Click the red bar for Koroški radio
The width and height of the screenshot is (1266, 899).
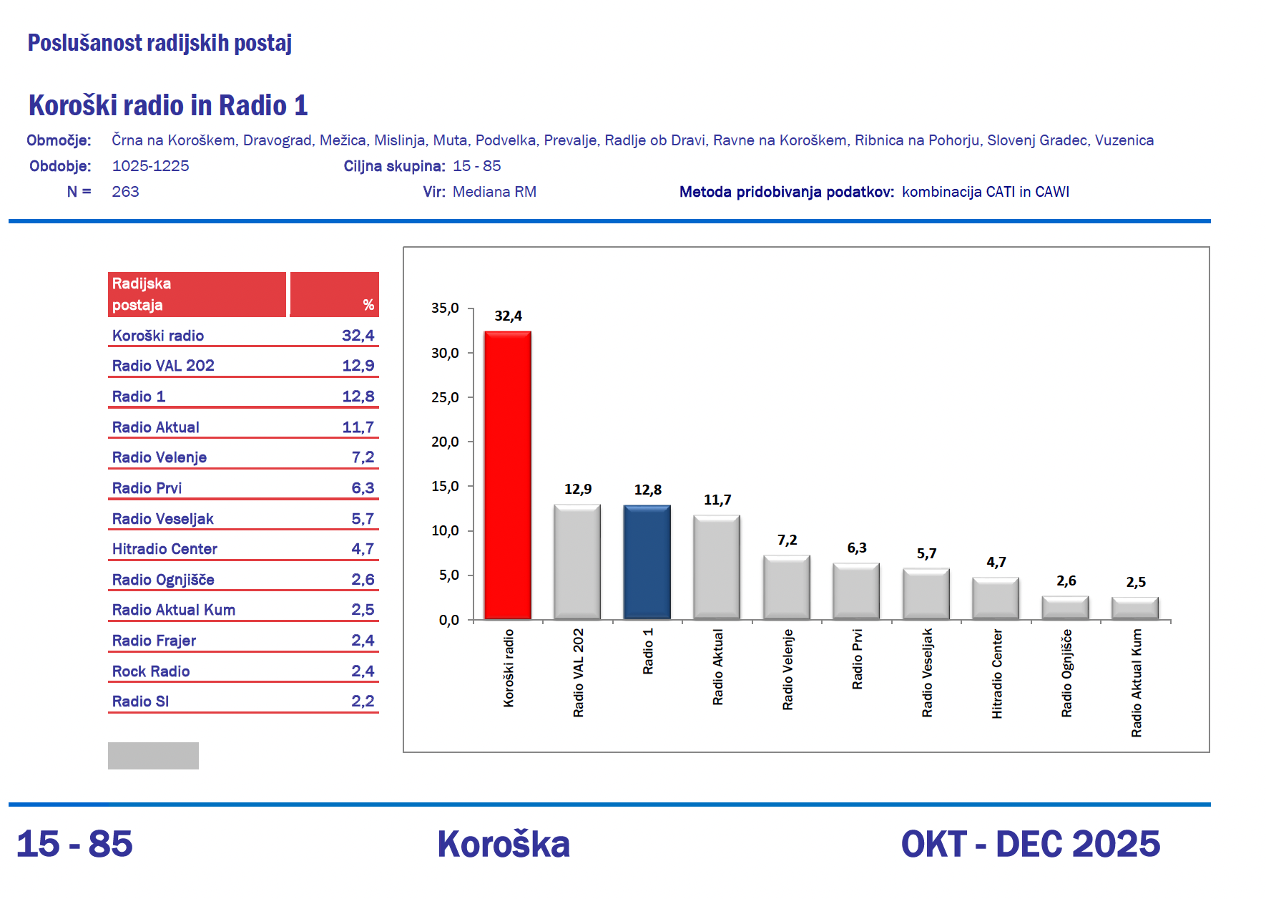[x=507, y=475]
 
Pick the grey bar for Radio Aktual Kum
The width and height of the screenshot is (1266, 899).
[x=1135, y=608]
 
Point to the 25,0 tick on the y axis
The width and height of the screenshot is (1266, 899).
[x=445, y=398]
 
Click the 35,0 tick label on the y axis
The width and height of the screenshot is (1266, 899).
[x=445, y=308]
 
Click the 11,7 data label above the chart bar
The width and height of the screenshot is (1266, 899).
[x=717, y=500]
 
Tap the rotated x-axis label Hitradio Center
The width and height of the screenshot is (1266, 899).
[x=996, y=674]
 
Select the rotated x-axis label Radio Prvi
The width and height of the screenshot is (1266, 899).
[x=857, y=659]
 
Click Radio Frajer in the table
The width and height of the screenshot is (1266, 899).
[x=154, y=641]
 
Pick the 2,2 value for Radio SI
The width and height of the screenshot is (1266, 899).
[x=363, y=701]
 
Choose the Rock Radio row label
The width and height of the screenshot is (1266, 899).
[x=151, y=671]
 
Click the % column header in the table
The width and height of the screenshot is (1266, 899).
[x=368, y=305]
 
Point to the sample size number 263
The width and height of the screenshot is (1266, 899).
[x=125, y=192]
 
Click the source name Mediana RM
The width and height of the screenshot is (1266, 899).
[x=494, y=192]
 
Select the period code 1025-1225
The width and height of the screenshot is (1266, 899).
[x=150, y=166]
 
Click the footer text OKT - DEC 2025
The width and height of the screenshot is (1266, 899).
[x=1030, y=844]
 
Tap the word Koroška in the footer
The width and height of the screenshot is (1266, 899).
[x=504, y=844]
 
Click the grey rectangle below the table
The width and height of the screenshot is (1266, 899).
[x=153, y=756]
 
